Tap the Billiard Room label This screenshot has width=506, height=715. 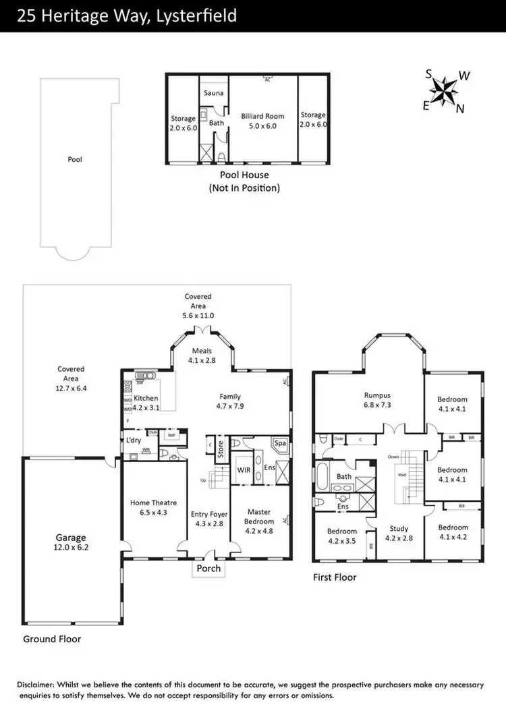[262, 116]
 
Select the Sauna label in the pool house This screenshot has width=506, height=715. [215, 93]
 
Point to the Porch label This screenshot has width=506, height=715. [208, 568]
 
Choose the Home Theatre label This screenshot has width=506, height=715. [153, 503]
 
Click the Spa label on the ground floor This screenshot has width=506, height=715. [280, 443]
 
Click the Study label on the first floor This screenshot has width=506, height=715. [399, 528]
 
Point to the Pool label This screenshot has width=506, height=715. [75, 160]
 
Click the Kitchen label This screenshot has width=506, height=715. [146, 399]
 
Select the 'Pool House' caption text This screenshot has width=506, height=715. [244, 175]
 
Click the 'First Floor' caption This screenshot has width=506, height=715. [334, 577]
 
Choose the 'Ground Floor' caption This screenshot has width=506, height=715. [52, 638]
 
